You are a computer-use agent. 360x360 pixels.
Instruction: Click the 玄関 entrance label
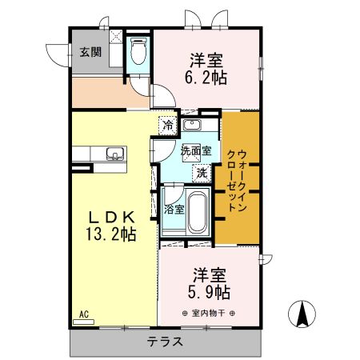point(90,52)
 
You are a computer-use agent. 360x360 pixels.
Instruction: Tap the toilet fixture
point(138,51)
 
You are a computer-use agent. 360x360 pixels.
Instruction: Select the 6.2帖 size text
point(206,78)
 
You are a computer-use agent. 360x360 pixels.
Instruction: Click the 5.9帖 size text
point(209,292)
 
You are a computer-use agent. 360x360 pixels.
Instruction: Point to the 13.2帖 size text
point(111,234)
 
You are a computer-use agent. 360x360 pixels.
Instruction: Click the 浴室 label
point(174,210)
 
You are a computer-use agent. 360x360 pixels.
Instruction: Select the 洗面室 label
point(196,151)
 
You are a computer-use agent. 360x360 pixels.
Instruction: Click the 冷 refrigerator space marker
point(168,125)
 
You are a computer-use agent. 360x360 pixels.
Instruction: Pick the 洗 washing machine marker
point(202,174)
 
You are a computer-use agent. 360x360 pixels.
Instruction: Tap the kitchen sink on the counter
point(115,154)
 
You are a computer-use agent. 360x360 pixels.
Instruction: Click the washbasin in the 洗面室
point(192,125)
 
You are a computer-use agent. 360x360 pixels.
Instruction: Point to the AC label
point(84,314)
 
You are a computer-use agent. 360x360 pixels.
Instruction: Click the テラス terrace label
point(166,342)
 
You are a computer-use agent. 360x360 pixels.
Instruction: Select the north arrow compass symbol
point(302,314)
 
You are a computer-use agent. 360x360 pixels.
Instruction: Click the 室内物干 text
point(208,313)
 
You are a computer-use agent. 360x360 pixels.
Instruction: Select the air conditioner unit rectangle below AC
point(83,322)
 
